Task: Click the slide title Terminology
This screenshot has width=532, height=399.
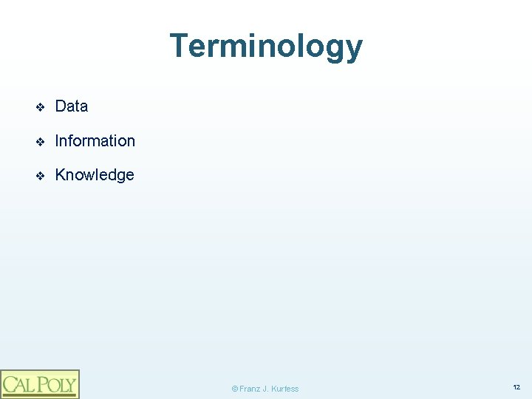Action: pos(266,46)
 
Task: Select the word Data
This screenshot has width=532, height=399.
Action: pos(72,106)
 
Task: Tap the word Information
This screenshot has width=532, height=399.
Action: pos(95,140)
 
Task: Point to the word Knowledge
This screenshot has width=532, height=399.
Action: pos(95,175)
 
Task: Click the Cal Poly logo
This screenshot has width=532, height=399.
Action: pos(39,384)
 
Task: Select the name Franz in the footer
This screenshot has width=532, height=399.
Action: pos(249,389)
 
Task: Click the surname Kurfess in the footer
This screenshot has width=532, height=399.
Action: pos(286,389)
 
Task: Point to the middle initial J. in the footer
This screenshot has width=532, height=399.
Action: pos(266,389)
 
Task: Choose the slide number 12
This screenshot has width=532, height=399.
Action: pos(516,387)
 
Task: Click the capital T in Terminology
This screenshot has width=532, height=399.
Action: pos(178,46)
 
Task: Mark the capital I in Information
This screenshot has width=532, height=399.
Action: pos(58,140)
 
